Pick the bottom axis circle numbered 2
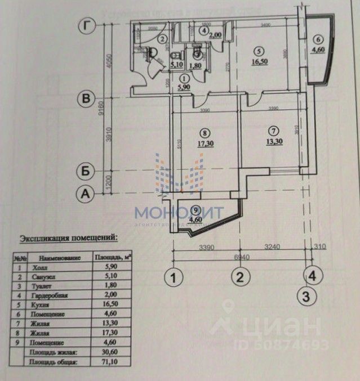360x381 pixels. tap(240, 277)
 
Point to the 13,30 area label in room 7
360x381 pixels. tap(273, 142)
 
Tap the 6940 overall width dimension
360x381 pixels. tap(242, 257)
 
